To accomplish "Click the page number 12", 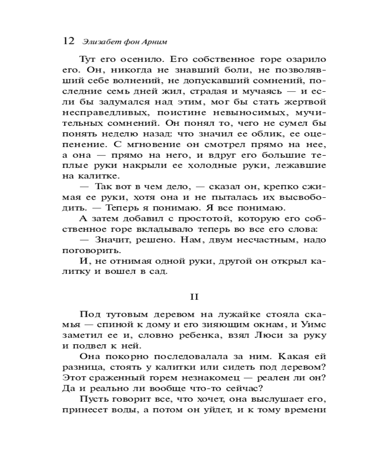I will (68, 41).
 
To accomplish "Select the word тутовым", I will (128, 315).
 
